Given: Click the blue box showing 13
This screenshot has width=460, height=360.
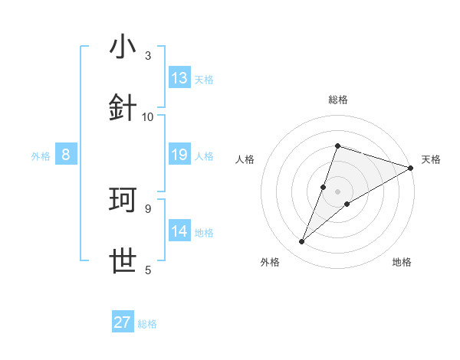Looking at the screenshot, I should pos(179,78).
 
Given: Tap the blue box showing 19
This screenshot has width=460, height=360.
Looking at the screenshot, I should pos(179,155).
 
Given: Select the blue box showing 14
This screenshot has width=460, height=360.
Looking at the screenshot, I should pos(179,232).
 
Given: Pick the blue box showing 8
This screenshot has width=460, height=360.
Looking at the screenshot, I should pos(66,155).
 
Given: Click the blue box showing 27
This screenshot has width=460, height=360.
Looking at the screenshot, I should pos(123,322).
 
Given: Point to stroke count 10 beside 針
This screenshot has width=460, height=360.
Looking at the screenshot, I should pos(149,116).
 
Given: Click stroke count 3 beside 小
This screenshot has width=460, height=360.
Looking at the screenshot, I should pos(148,55).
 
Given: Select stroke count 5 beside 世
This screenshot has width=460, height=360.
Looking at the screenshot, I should pos(148,270).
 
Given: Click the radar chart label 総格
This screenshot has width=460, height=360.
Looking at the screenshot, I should pos(337,100).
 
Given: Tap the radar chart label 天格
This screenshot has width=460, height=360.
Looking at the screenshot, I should pos(431,159).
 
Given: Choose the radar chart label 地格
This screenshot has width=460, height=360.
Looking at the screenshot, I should pos(402,263).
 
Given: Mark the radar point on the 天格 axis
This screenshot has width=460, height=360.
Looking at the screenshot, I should pos(411,168).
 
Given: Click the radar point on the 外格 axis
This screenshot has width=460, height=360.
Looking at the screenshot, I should pos(302,242).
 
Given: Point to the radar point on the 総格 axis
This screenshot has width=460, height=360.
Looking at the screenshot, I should pos(337,146).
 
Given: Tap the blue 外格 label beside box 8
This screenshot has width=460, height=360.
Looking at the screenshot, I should pos(41,156).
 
